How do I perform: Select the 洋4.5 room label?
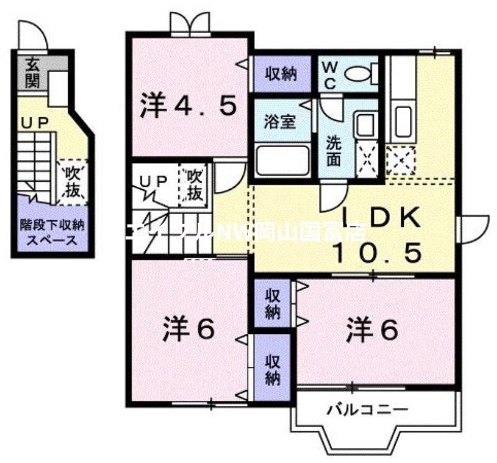point(187,106)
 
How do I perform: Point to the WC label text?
point(329,74)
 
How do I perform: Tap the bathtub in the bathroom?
point(283,161)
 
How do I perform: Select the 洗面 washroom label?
point(334,150)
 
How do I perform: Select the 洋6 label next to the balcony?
point(372,330)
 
